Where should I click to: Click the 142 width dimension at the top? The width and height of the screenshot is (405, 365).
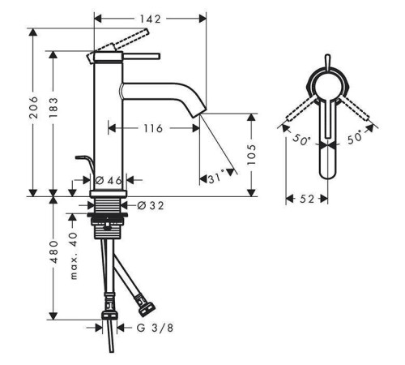[x=150, y=19]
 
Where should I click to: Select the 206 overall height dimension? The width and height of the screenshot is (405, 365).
[x=34, y=107]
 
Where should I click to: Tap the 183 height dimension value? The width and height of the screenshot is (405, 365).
[x=53, y=107]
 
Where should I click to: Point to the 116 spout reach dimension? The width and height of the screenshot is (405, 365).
[x=153, y=128]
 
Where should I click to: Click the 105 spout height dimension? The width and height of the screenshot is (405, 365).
[x=251, y=155]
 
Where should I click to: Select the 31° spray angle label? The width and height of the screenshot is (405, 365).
[x=216, y=178]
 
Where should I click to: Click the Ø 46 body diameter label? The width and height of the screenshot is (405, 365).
[x=109, y=180]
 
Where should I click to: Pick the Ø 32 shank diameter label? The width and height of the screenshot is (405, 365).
[x=151, y=206]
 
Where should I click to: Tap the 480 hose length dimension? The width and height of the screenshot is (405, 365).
[x=53, y=252]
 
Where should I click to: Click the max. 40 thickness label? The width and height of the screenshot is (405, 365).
[x=73, y=255]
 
